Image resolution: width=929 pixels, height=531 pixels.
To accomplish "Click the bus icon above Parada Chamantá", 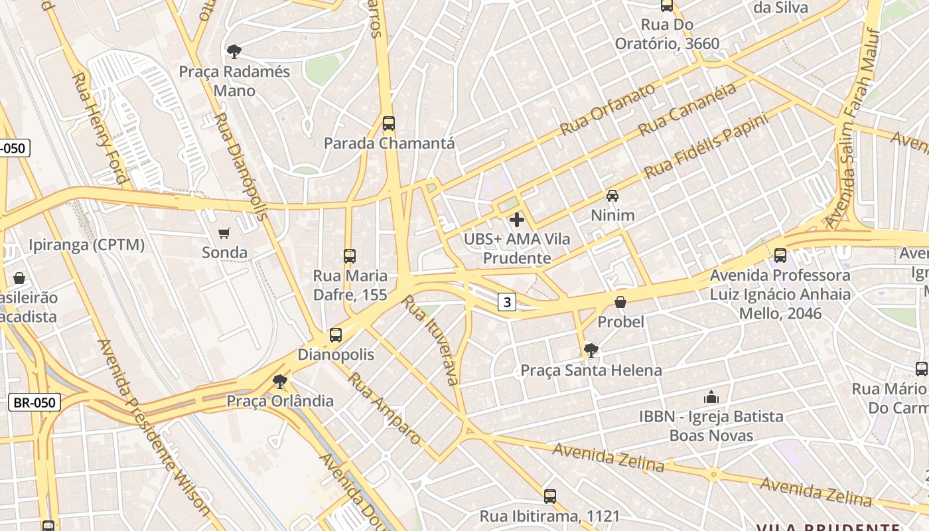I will tap(389, 123).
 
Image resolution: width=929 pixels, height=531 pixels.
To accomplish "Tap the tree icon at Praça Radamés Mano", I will tap(234, 51).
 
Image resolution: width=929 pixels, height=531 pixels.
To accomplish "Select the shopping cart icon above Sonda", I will tap(224, 233).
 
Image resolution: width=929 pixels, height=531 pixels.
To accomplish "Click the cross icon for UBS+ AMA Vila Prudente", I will tap(517, 220).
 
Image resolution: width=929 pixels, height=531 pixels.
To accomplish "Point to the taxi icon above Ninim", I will tap(612, 196).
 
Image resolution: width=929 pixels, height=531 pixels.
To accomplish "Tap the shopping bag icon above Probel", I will tap(620, 303).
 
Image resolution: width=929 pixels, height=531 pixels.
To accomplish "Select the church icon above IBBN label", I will tap(711, 398).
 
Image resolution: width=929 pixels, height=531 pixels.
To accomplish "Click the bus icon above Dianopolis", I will tap(336, 335).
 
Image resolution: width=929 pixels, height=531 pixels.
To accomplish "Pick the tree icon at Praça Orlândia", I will tap(280, 382).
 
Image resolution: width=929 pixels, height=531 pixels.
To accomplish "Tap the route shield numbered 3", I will tap(507, 303).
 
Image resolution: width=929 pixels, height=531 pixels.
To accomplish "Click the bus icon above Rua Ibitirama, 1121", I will tap(549, 496).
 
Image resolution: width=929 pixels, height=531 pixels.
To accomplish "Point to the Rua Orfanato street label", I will tap(607, 109).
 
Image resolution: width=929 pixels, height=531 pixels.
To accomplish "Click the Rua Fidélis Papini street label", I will tap(706, 145).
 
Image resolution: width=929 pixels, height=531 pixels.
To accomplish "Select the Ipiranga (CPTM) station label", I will tap(86, 245).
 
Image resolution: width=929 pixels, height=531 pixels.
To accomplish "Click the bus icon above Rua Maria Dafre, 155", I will tap(350, 256).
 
